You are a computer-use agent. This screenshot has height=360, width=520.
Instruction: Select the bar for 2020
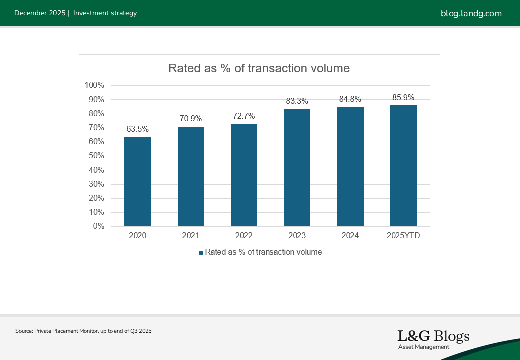(137, 182)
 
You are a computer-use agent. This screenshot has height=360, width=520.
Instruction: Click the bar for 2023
(297, 168)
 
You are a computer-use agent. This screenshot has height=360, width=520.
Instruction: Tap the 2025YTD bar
(403, 166)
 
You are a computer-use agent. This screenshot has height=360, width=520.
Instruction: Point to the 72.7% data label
(244, 116)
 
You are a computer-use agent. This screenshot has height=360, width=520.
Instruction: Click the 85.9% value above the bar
(403, 97)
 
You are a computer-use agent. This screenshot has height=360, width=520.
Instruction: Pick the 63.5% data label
(137, 129)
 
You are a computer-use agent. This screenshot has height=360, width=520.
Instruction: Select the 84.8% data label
(350, 99)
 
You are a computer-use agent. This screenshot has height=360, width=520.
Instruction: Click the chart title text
(259, 68)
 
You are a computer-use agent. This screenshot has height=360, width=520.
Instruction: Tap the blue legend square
(201, 252)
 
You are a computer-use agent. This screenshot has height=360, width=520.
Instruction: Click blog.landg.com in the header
(471, 13)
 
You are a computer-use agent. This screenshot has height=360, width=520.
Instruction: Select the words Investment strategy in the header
(105, 13)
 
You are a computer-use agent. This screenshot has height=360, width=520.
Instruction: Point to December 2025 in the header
(40, 13)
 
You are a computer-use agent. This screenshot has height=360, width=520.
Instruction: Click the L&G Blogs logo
(433, 339)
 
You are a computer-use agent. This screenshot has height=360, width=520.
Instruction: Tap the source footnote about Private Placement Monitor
(83, 331)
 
